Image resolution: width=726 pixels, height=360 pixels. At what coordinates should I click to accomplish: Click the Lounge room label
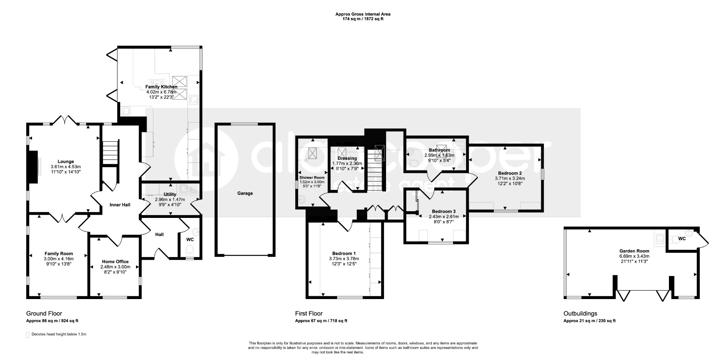click(x=66, y=162)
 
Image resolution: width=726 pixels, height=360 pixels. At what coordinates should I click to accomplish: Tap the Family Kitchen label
click(x=161, y=87)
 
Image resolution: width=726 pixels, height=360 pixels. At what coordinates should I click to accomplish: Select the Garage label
click(x=245, y=193)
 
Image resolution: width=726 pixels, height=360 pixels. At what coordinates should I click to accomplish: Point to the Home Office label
click(x=115, y=262)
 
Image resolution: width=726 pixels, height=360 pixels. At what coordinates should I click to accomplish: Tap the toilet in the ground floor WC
click(x=190, y=250)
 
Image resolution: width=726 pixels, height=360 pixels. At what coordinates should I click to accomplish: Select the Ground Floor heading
click(x=44, y=314)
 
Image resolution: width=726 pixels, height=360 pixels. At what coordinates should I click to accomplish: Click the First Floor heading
click(x=309, y=314)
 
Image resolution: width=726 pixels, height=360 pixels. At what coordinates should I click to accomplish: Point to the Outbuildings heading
click(x=580, y=314)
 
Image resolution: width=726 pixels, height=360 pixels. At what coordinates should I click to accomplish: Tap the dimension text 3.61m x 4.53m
click(x=66, y=167)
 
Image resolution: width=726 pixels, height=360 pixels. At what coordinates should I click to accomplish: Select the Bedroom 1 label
click(x=344, y=254)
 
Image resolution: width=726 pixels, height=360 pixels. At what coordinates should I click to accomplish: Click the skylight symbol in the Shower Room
click(x=313, y=153)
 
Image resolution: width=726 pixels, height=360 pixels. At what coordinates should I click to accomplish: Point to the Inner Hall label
click(x=120, y=205)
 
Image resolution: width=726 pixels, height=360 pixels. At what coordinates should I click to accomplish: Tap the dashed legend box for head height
click(x=28, y=335)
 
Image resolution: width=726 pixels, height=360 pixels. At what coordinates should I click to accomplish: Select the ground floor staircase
click(x=110, y=153)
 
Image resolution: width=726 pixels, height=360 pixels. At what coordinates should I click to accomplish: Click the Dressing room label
click(x=347, y=158)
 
